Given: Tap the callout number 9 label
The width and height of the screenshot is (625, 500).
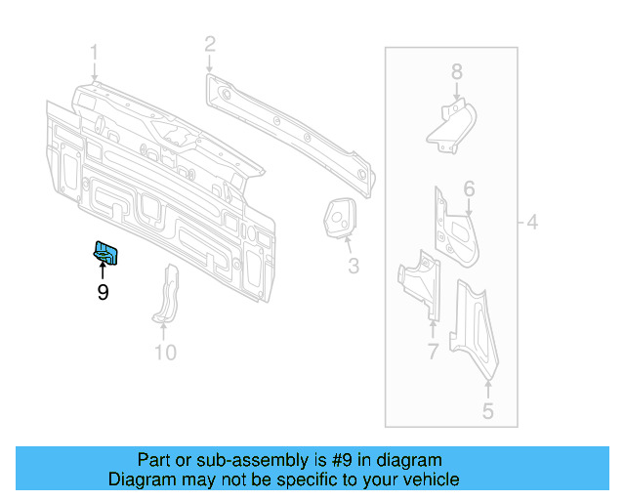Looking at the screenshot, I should coord(103,291).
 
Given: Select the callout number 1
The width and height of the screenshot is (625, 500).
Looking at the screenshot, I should coord(95,51).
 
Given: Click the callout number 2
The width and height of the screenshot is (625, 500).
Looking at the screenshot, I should coord(209,43).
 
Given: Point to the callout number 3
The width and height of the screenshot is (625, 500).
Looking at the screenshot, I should coord(354,266).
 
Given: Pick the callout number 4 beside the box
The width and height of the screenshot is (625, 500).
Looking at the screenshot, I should coord(532,223).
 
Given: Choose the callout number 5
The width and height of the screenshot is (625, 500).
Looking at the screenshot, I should coord(488,411).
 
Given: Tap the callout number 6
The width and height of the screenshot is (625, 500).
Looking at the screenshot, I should coord(469,188).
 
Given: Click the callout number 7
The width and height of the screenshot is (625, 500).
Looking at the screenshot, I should coord(433,352).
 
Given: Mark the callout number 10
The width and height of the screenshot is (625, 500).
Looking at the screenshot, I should coord(165,352).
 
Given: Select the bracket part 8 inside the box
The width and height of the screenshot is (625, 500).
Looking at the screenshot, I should coord(452,125).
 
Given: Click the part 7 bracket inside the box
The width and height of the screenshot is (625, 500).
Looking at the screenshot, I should coord(421,282).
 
